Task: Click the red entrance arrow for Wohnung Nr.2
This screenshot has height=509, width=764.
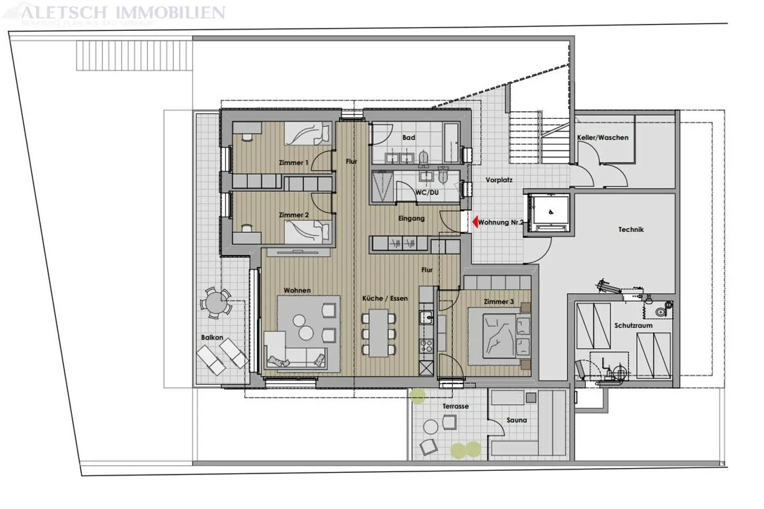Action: coord(475,222)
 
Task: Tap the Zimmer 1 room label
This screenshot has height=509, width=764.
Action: coord(293,162)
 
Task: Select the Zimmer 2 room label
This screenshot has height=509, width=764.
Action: coord(293,215)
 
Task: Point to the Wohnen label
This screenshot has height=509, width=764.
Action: coord(297,290)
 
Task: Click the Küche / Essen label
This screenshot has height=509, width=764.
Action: coord(385,298)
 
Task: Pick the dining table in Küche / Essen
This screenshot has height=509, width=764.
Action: coord(379,333)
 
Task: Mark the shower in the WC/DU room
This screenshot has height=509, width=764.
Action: coord(383,186)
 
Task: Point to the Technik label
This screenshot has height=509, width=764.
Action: coord(631,229)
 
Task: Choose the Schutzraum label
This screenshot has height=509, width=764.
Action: coord(633,325)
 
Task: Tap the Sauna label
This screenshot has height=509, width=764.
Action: coord(516,420)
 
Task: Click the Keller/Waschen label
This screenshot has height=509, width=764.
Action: coord(602,137)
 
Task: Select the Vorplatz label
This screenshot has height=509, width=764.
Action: coord(499,180)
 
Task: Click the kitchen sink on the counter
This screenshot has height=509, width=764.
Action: coord(426,318)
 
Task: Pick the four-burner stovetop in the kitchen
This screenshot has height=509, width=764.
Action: coord(426,346)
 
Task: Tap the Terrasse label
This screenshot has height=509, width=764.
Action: coord(455,406)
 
